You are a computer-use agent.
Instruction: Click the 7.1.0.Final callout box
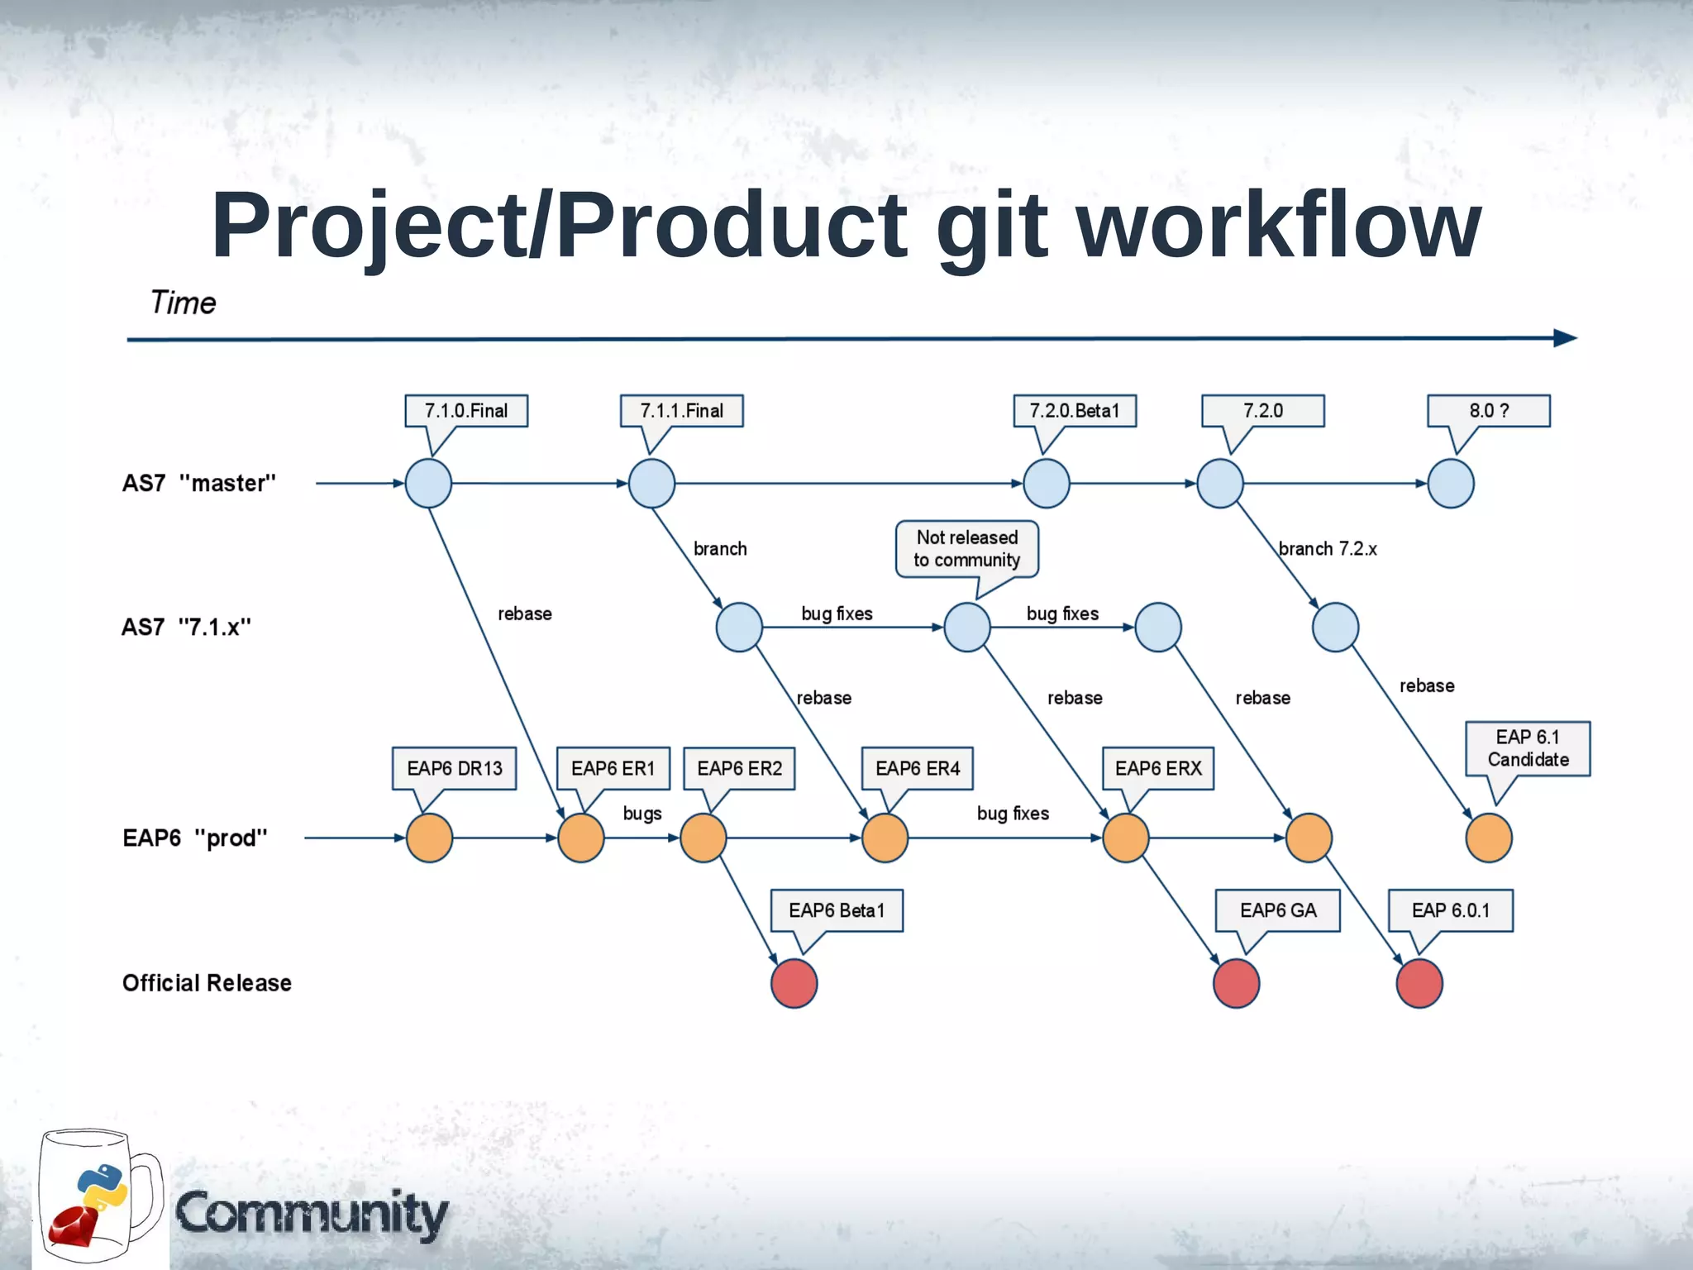[x=466, y=411]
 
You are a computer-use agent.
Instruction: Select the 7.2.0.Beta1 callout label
[x=1075, y=411]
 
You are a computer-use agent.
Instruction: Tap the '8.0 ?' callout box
[x=1488, y=411]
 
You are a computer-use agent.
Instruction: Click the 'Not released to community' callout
[x=966, y=549]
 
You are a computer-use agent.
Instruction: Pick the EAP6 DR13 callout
[x=455, y=769]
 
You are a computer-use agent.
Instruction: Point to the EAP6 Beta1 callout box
[x=837, y=910]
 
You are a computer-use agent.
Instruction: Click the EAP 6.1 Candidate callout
[x=1528, y=748]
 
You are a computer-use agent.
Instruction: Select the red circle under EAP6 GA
[x=1236, y=983]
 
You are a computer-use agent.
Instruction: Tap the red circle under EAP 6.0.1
[x=1419, y=983]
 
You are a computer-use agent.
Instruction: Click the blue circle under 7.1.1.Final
[x=651, y=484]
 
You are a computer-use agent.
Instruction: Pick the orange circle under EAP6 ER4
[x=885, y=838]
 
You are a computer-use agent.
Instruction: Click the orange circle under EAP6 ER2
[x=703, y=838]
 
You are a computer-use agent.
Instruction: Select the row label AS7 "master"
[x=199, y=484]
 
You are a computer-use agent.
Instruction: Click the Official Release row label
[x=207, y=983]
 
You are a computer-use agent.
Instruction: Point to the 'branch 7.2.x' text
[x=1328, y=549]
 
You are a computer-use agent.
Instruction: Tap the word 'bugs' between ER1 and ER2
[x=642, y=814]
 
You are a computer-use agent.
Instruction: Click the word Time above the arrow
[x=183, y=303]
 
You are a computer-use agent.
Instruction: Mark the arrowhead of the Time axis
[x=1565, y=338]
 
